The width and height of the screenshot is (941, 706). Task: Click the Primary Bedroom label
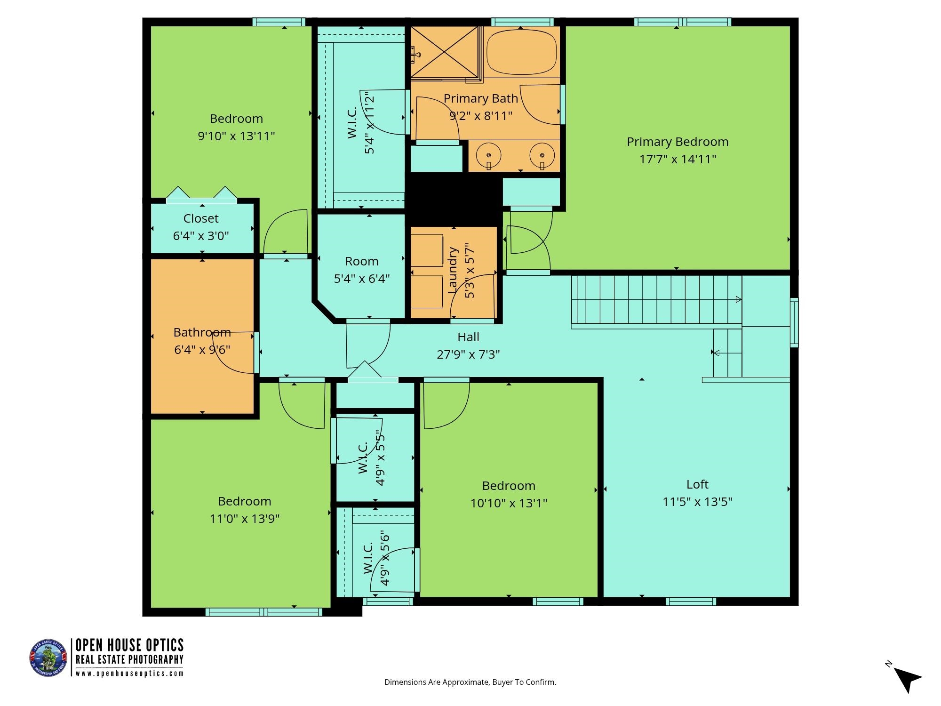(678, 142)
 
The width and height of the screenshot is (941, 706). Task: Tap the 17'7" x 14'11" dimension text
(678, 159)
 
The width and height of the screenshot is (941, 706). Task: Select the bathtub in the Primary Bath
(521, 52)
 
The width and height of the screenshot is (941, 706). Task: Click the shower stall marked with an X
(444, 52)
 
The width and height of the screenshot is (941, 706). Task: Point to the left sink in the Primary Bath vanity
(489, 155)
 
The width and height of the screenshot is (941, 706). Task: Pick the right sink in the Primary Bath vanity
(542, 155)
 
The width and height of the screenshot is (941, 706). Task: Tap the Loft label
(697, 484)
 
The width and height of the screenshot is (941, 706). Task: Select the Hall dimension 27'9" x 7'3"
(468, 354)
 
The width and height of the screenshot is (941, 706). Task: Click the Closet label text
(201, 218)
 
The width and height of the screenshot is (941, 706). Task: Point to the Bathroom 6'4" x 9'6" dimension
(202, 350)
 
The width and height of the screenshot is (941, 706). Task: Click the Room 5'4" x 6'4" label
(361, 261)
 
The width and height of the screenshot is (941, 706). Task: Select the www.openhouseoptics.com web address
(129, 674)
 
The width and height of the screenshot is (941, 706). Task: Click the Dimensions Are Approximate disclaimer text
(470, 682)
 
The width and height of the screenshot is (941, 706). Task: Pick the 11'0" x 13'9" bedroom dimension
(245, 519)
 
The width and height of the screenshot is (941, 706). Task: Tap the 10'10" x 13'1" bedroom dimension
(509, 503)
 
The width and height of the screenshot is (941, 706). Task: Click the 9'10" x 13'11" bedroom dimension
(236, 136)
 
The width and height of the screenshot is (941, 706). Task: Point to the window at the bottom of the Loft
(691, 602)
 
